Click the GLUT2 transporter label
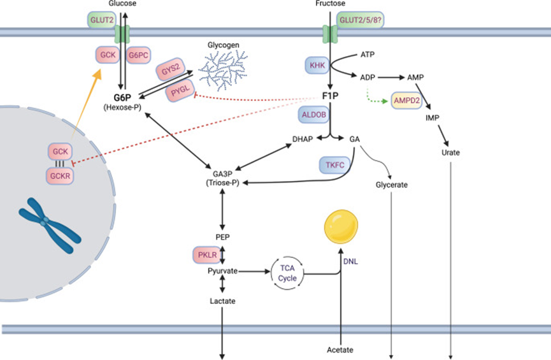click(101, 20)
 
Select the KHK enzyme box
click(317, 66)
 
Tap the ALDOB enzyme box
click(314, 115)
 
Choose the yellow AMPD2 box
click(406, 101)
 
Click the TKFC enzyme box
click(334, 165)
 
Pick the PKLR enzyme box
click(207, 255)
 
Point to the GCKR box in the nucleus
click(60, 176)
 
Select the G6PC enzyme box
click(138, 55)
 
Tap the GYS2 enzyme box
click(171, 69)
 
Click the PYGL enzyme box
click(180, 90)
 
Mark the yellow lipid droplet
click(341, 227)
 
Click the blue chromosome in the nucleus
click(50, 225)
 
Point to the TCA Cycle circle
click(287, 273)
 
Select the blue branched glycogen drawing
click(223, 70)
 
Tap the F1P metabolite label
click(331, 96)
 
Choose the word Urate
click(450, 152)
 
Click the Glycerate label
click(392, 185)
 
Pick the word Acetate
click(340, 350)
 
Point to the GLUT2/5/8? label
click(360, 20)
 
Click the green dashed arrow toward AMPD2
click(375, 97)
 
